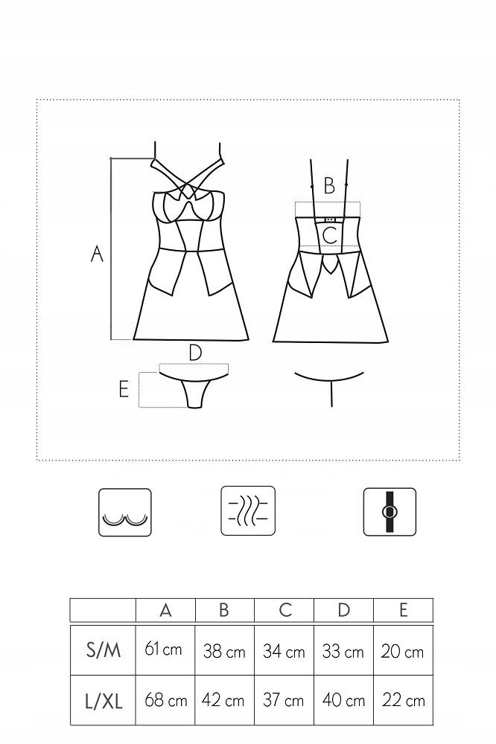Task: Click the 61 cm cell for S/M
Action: pyautogui.click(x=163, y=649)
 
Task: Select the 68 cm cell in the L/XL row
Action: pyautogui.click(x=165, y=700)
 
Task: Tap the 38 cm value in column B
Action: pyautogui.click(x=224, y=651)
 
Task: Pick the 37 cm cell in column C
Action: pyautogui.click(x=283, y=700)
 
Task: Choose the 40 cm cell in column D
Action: pyautogui.click(x=343, y=700)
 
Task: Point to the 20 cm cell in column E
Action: pyautogui.click(x=402, y=652)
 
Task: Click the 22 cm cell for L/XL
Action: pyautogui.click(x=404, y=700)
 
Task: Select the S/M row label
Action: pyautogui.click(x=103, y=650)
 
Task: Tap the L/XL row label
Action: pyautogui.click(x=104, y=701)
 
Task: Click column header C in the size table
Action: pyautogui.click(x=285, y=610)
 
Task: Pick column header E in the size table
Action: pyautogui.click(x=404, y=610)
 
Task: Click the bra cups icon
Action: pyautogui.click(x=125, y=513)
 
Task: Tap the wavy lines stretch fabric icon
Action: pyautogui.click(x=248, y=510)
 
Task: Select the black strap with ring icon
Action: pyautogui.click(x=390, y=512)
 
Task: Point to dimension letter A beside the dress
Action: pyautogui.click(x=97, y=254)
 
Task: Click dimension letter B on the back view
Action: pyautogui.click(x=328, y=186)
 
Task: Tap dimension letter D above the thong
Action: pyautogui.click(x=195, y=353)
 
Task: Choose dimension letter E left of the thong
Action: pyautogui.click(x=124, y=390)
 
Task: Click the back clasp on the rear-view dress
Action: pyautogui.click(x=329, y=219)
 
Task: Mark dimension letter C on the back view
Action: pyautogui.click(x=330, y=235)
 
